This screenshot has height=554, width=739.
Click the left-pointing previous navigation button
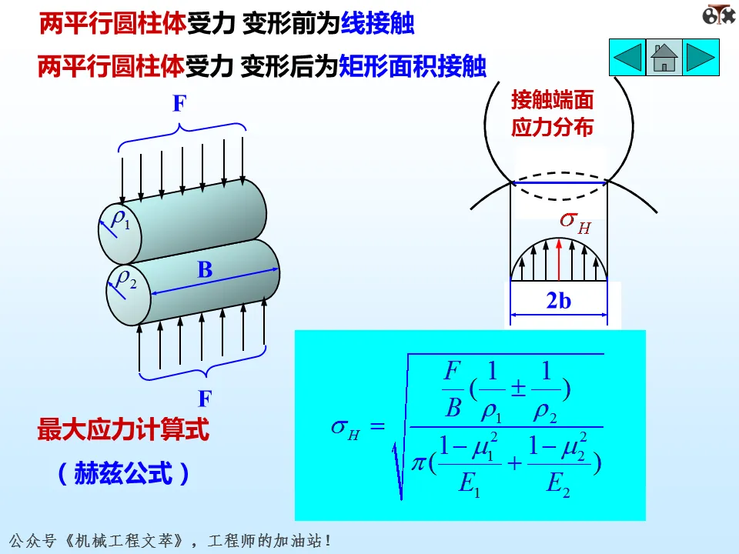[627, 58]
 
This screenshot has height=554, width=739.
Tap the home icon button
[664, 58]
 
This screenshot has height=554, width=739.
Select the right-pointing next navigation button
[701, 58]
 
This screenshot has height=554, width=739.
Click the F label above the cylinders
[179, 105]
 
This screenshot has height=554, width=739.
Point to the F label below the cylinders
[205, 399]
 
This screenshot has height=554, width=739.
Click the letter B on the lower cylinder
[204, 270]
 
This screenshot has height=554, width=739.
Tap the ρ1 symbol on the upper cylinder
[121, 219]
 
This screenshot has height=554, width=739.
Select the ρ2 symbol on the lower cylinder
[125, 279]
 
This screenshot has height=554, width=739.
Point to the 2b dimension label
[559, 301]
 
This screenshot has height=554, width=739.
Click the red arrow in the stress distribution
[559, 257]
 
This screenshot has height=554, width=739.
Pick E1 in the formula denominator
[468, 483]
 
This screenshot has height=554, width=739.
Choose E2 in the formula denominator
[557, 483]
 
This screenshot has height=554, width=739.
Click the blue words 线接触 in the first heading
[377, 25]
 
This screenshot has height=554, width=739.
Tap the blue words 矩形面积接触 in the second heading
[413, 66]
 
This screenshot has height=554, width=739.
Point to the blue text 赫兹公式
[123, 474]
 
